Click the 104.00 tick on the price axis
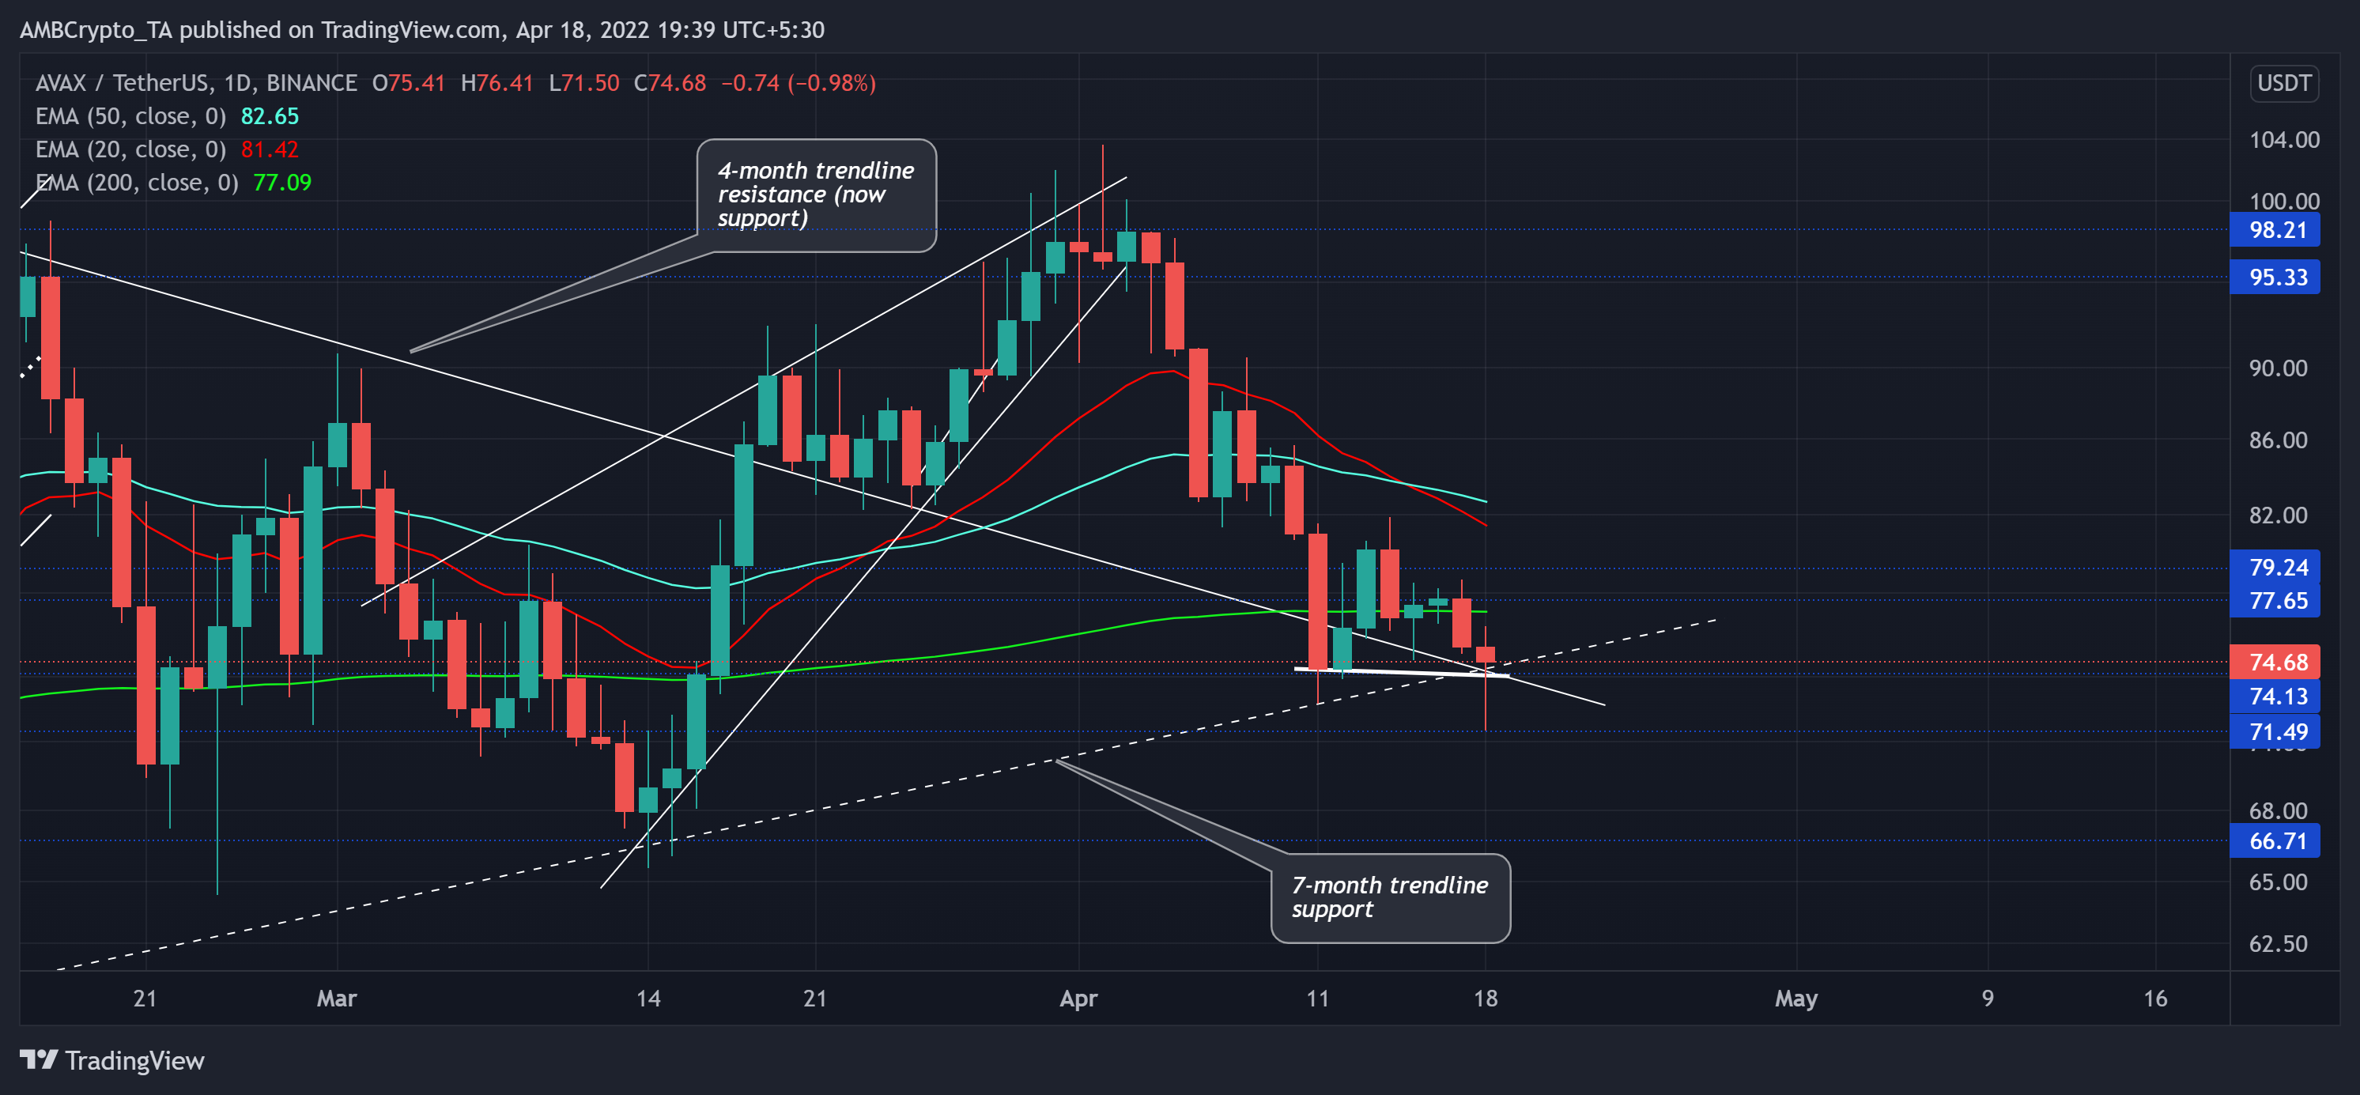click(x=2284, y=140)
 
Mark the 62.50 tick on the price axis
click(x=2278, y=944)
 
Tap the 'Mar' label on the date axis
click(x=336, y=998)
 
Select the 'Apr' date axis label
click(x=1078, y=998)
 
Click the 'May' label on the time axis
click(x=1795, y=998)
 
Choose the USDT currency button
click(x=2283, y=83)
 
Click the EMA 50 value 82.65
click(x=270, y=116)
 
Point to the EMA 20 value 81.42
click(x=270, y=149)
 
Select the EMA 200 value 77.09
click(x=282, y=183)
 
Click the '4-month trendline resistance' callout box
click(x=815, y=194)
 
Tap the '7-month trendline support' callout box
click(x=1390, y=897)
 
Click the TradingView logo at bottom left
click(x=111, y=1060)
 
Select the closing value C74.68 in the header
click(x=670, y=83)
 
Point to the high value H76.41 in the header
click(x=497, y=83)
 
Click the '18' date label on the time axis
click(x=1485, y=998)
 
